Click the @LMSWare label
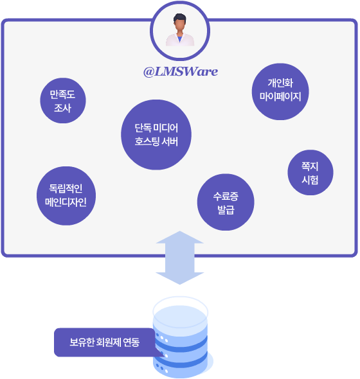(x=181, y=71)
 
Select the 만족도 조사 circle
(x=63, y=101)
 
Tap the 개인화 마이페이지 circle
(x=280, y=92)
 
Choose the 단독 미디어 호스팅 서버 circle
(x=156, y=135)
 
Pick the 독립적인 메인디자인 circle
(x=66, y=196)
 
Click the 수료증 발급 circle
(x=226, y=202)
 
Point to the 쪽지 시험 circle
(x=310, y=172)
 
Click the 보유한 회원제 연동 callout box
(x=105, y=342)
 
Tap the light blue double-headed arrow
(x=180, y=258)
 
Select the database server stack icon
(x=181, y=337)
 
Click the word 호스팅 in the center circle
(x=147, y=141)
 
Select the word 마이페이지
(x=280, y=97)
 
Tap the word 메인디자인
(x=66, y=202)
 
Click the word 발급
(x=226, y=210)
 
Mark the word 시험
(x=310, y=180)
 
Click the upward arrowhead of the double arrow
(x=180, y=238)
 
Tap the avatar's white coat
(x=180, y=40)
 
